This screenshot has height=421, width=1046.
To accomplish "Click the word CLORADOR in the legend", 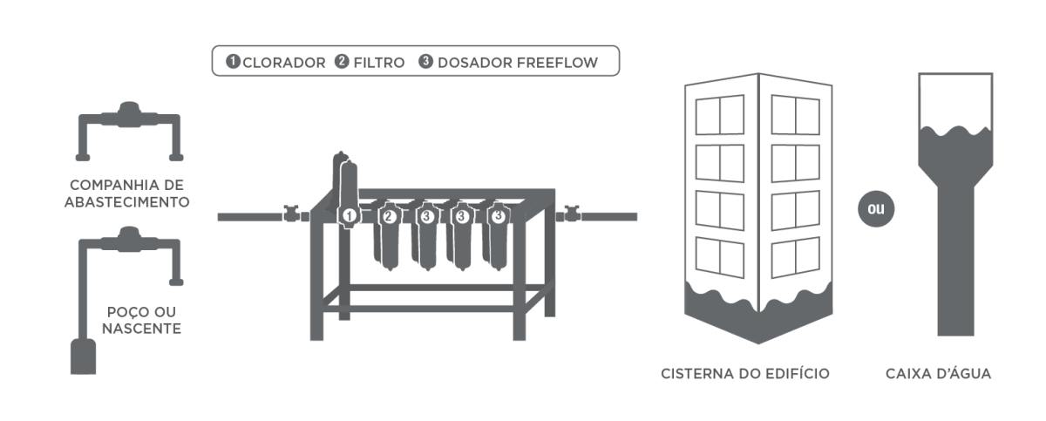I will coord(284,63).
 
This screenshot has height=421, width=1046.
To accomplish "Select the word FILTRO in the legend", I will coord(378,63).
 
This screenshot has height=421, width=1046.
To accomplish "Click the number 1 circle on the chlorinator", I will coord(349,214).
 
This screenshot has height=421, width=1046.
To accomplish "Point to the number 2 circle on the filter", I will coord(390,214).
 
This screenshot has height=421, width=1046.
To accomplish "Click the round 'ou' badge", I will coord(875,210).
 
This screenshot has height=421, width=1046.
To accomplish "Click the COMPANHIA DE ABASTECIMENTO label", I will coord(130,193).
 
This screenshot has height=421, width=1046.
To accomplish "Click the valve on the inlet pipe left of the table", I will coord(290,212).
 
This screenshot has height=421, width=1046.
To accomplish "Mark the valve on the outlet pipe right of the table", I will coord(573,212).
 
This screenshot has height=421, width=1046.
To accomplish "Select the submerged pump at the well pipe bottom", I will coord(83,357).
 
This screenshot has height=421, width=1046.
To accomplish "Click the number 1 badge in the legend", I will coord(234,62).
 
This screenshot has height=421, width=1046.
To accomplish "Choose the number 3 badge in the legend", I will coord(426,62).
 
